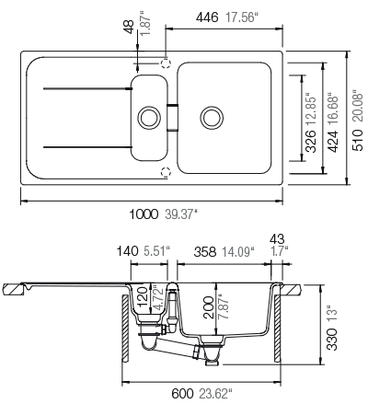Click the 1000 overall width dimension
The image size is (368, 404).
click(144, 214)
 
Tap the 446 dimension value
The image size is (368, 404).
click(207, 17)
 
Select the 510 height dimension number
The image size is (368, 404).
click(358, 140)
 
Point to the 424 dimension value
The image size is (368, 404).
click(333, 142)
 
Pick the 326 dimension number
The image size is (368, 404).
click(311, 142)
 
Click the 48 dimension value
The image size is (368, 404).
click(129, 27)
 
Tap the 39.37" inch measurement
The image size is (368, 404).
click(180, 214)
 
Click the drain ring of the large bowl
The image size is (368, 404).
click(212, 118)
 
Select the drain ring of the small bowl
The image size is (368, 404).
click(149, 118)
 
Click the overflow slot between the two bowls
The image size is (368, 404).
click(172, 118)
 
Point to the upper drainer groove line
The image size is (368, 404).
click(88, 88)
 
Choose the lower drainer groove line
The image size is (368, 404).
click(88, 147)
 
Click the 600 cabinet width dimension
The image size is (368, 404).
click(182, 394)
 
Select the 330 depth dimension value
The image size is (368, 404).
click(332, 339)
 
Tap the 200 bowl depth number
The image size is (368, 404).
click(209, 307)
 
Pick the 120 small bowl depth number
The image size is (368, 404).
click(142, 296)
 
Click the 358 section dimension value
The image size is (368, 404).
click(205, 252)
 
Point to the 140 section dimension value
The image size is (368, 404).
click(127, 251)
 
